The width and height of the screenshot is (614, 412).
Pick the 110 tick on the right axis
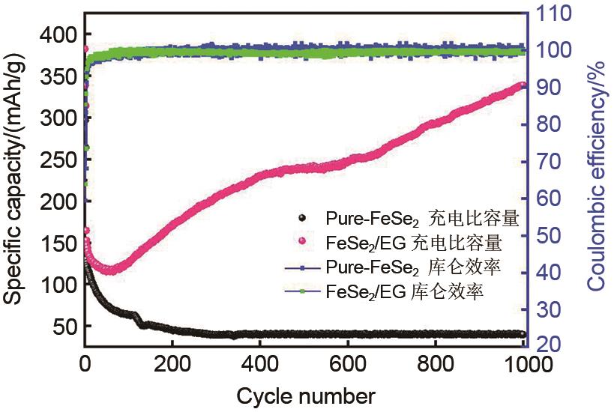(x=553, y=13)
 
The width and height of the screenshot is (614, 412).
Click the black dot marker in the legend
(x=304, y=219)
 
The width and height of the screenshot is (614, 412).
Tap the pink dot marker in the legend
(x=304, y=243)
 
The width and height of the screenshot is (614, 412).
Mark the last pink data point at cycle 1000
(x=523, y=86)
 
